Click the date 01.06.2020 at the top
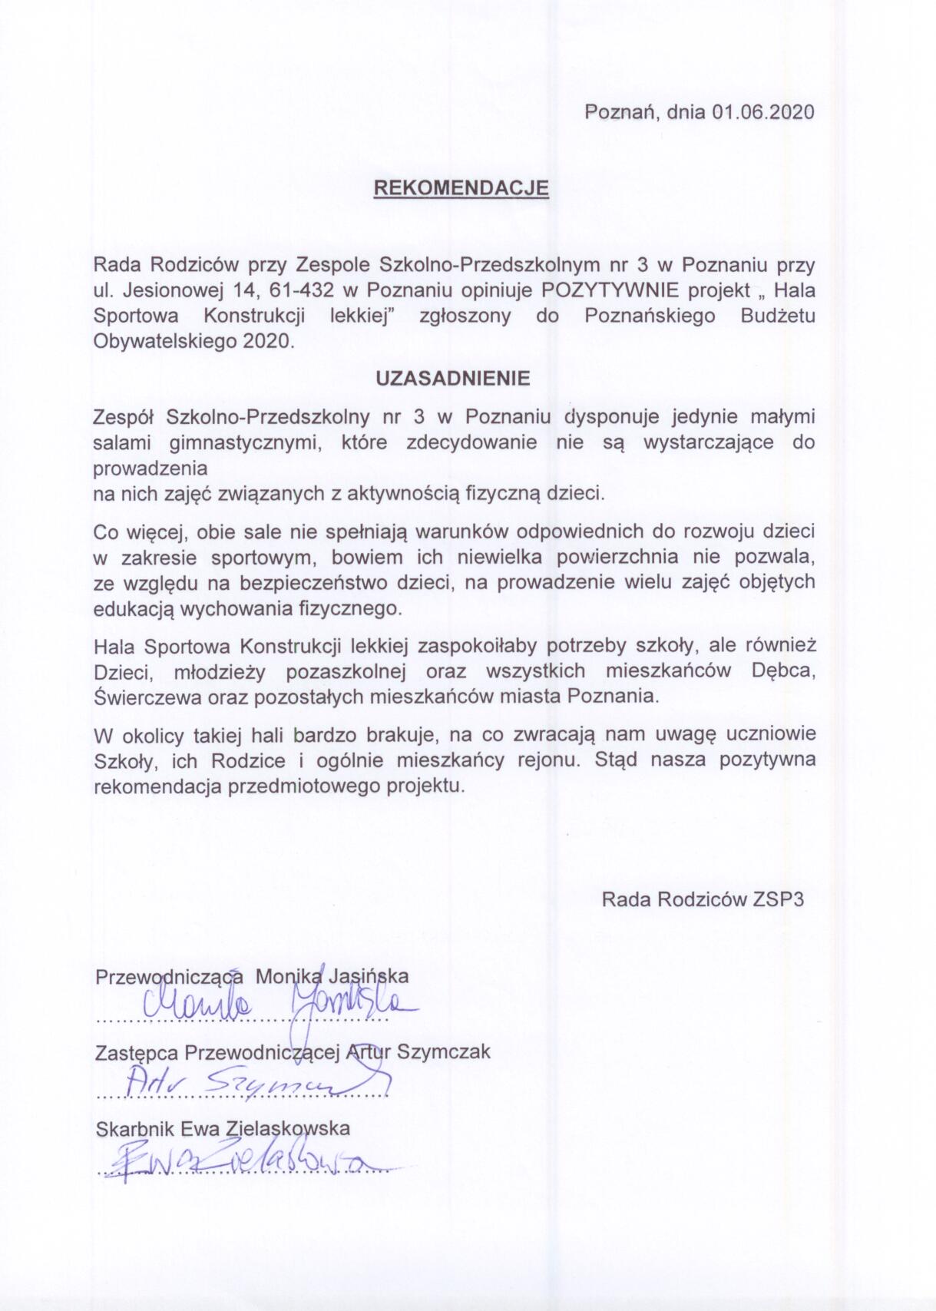pyautogui.click(x=762, y=112)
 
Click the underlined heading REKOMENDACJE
pyautogui.click(x=461, y=188)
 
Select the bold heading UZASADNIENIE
pyautogui.click(x=452, y=379)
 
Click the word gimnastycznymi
pyautogui.click(x=244, y=442)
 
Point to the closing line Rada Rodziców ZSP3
pyautogui.click(x=703, y=899)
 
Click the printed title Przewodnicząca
pyautogui.click(x=169, y=977)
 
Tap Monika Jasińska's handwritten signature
pyautogui.click(x=276, y=1004)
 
